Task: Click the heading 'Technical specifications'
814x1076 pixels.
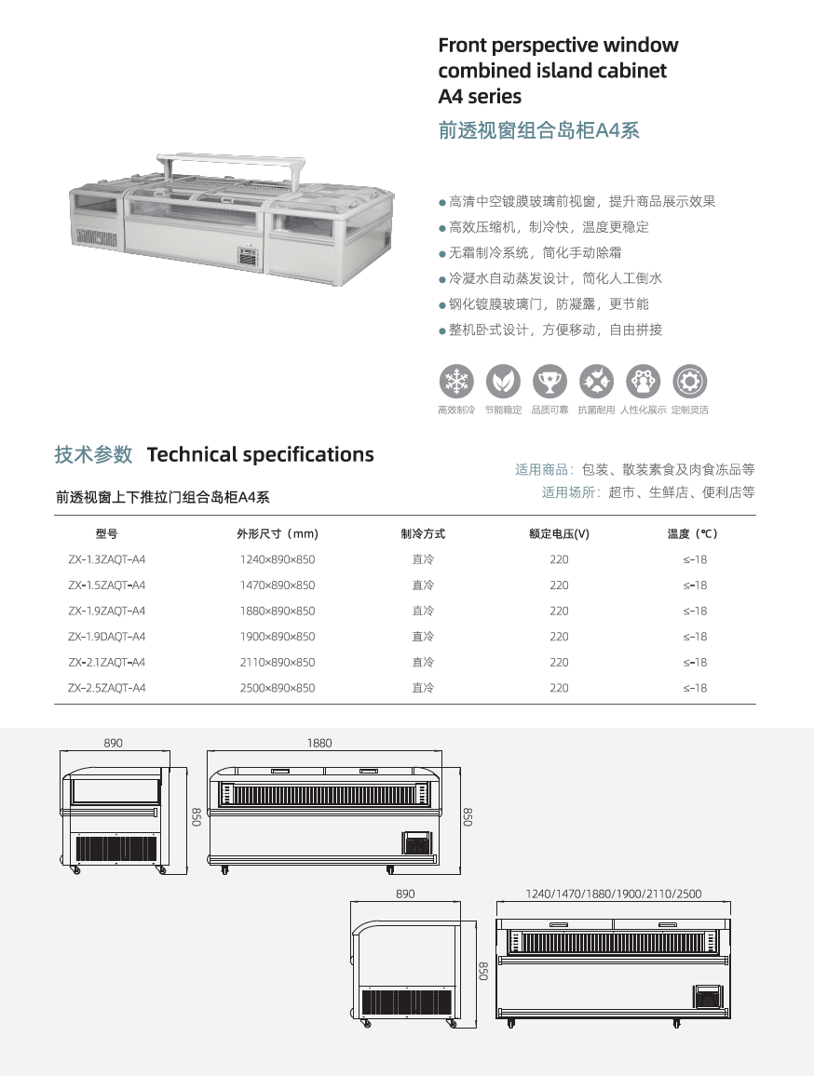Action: (x=260, y=454)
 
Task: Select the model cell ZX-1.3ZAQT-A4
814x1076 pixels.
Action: (x=106, y=559)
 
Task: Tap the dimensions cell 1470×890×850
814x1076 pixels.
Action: (x=277, y=585)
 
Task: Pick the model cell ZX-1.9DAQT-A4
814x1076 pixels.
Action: (x=106, y=637)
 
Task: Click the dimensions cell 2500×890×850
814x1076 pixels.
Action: (x=277, y=688)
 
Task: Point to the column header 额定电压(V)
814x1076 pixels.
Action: (x=559, y=533)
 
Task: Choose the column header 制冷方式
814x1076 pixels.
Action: (x=423, y=533)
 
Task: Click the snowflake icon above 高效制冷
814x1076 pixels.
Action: (x=456, y=381)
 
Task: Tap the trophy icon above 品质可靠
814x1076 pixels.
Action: (x=549, y=381)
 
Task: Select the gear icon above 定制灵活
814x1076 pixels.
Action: (x=690, y=381)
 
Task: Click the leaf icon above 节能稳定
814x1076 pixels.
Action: (x=503, y=381)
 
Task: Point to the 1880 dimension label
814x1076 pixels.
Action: (x=319, y=743)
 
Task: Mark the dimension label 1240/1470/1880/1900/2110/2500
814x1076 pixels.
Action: (x=613, y=894)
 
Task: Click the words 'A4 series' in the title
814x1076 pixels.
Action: (x=480, y=96)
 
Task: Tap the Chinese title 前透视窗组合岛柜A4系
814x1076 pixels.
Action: (x=538, y=130)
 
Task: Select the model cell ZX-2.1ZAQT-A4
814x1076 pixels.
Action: (x=106, y=662)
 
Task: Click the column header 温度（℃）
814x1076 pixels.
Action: (x=694, y=533)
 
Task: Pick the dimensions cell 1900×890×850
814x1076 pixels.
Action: (x=277, y=637)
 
